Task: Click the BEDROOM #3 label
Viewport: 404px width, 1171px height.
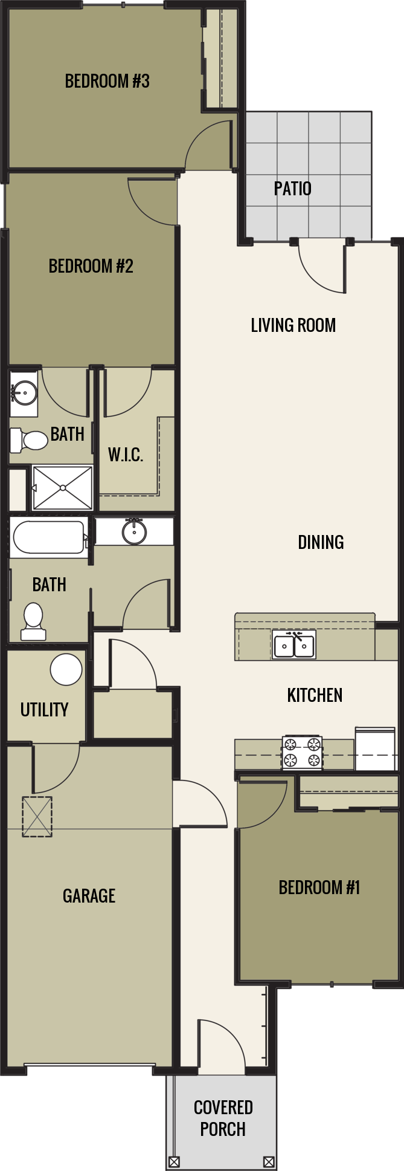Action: point(107,81)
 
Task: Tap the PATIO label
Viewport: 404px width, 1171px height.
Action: point(292,189)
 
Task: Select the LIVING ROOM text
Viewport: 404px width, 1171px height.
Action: point(293,325)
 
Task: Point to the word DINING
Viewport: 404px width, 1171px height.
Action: point(321,542)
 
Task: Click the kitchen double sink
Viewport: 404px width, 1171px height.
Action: point(294,645)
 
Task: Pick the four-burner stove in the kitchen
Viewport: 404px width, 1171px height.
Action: point(302,753)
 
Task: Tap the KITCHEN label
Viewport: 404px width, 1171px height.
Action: point(315,695)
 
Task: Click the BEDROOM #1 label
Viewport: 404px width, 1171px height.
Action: point(319,887)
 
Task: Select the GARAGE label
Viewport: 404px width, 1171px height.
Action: point(89,896)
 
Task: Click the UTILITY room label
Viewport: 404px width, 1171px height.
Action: point(44,710)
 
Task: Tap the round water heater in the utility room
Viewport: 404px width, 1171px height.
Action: point(66,669)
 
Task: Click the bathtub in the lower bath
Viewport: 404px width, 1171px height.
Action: point(48,537)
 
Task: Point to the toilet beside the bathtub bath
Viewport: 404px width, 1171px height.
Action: point(33,621)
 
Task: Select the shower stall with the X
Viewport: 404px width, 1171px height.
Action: point(62,487)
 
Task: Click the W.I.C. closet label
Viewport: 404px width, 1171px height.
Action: point(126,455)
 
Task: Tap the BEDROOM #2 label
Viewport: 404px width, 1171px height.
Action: point(91,266)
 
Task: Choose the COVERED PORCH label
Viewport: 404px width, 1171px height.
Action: point(223,1118)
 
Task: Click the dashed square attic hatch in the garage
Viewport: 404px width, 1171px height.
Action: point(37,817)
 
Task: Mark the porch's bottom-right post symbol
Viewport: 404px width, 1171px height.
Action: point(269,1162)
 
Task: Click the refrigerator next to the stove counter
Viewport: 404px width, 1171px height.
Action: point(376,750)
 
